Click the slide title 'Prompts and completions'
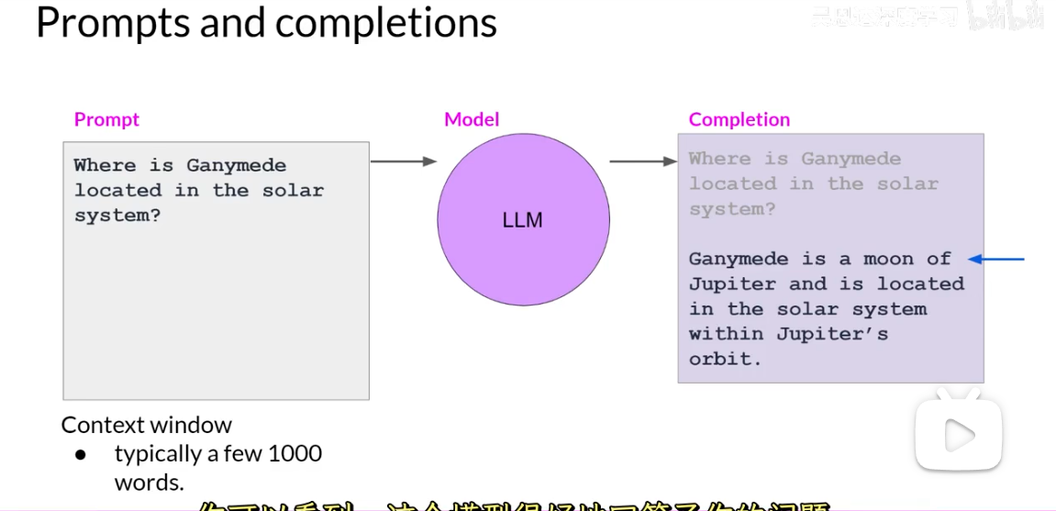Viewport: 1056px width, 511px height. pos(266,23)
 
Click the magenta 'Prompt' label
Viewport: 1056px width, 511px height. pos(106,119)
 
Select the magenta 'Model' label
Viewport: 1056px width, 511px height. pos(472,119)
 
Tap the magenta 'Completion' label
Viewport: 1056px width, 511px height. pos(739,119)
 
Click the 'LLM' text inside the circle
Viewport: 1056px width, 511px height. pos(523,220)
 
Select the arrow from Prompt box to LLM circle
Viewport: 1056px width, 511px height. pos(404,161)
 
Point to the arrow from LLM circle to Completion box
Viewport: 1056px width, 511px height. pos(643,162)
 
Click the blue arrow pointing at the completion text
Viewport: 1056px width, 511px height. pos(996,260)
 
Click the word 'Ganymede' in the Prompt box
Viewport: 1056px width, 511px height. pos(237,166)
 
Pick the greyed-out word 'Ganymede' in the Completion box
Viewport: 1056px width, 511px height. pos(850,159)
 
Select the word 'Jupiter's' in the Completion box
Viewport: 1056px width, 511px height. pos(832,334)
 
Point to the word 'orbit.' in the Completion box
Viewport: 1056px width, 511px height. pos(726,359)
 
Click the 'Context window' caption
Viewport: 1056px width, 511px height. pos(147,425)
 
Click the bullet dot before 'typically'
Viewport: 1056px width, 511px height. pos(81,454)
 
